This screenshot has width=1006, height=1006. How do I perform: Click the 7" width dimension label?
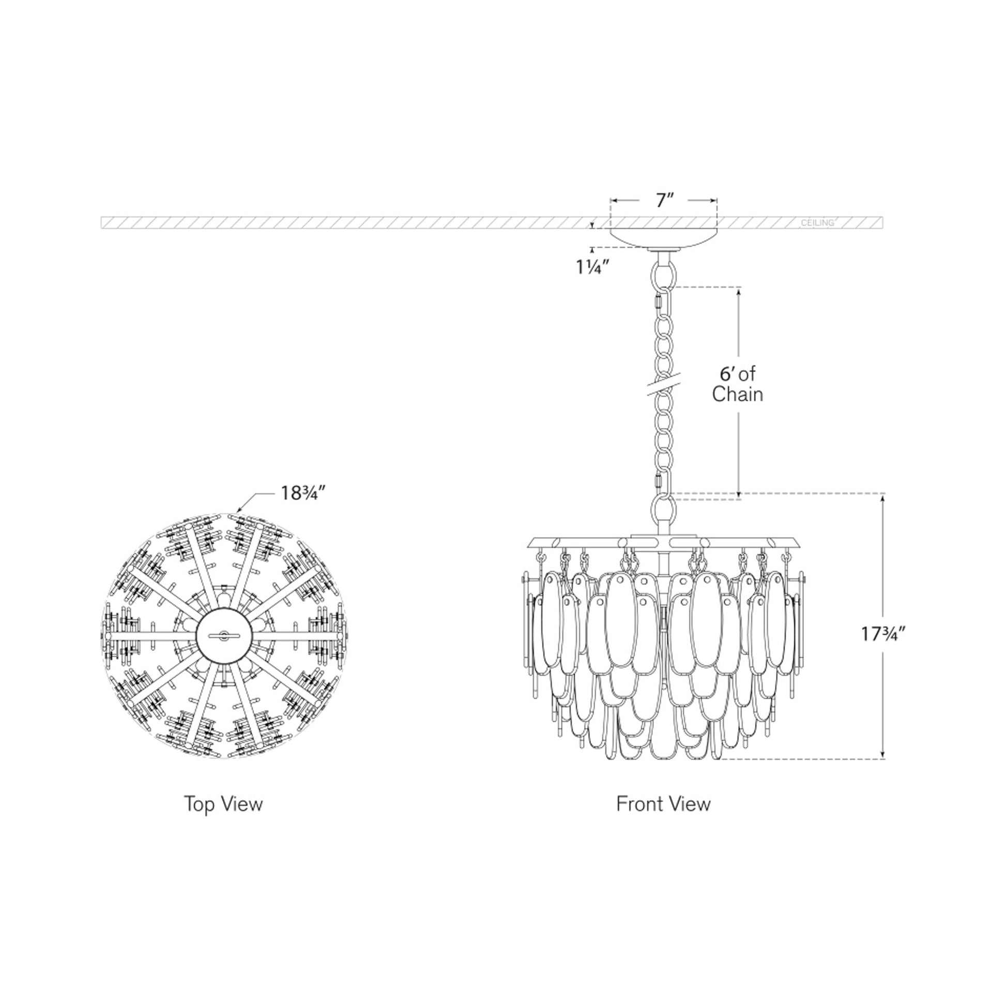[x=665, y=200]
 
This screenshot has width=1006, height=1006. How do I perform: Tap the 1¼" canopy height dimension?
[x=592, y=267]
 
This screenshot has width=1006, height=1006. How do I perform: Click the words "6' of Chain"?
[x=737, y=384]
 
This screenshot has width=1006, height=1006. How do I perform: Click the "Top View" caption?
[x=223, y=803]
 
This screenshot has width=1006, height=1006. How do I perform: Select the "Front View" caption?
[x=663, y=803]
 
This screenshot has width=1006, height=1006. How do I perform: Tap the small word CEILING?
[x=817, y=223]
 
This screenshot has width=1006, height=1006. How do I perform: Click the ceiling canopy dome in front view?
[x=664, y=238]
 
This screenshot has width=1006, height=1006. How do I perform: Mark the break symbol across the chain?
[x=664, y=387]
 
